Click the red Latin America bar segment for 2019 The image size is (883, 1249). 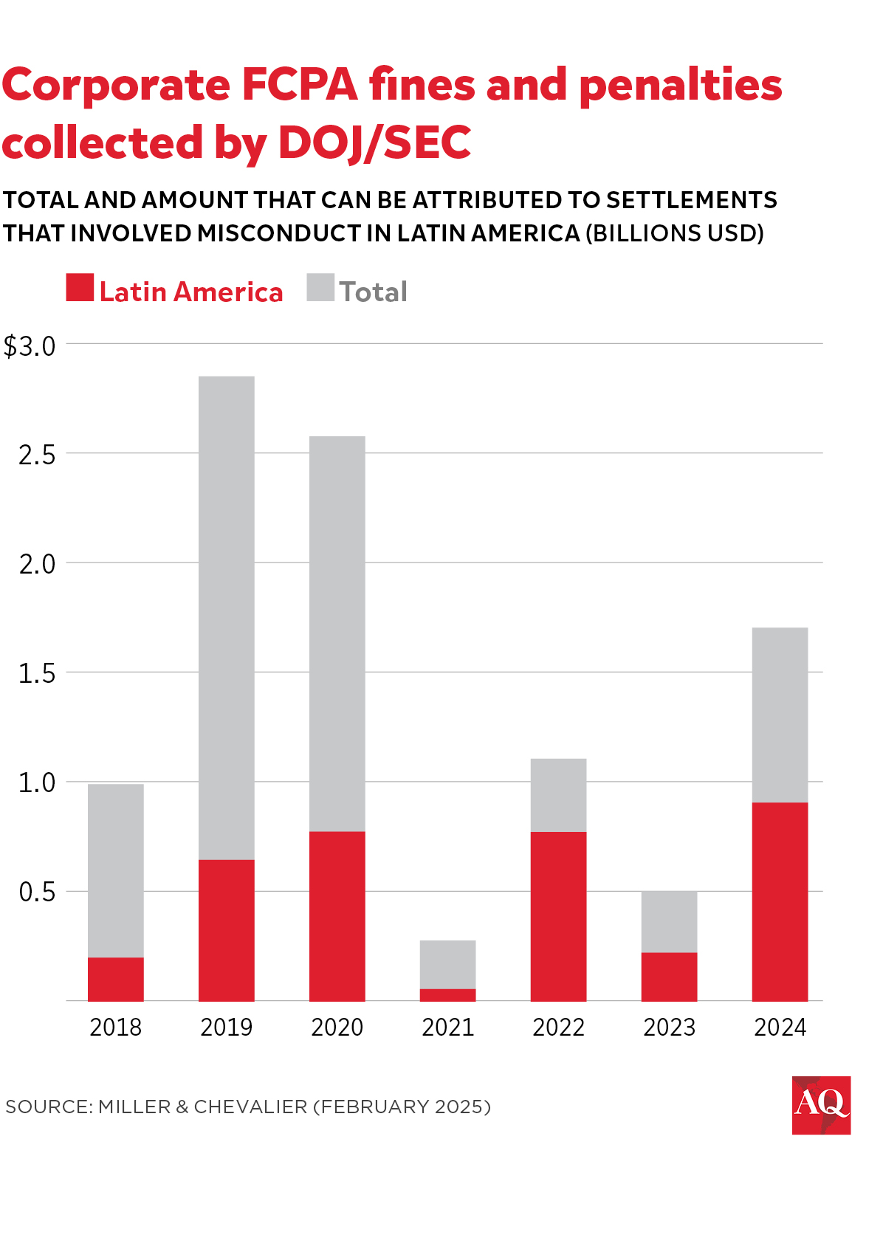coord(227,930)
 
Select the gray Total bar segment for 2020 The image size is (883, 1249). coord(337,634)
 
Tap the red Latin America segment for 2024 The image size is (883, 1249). coord(780,901)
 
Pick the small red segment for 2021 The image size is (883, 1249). coord(448,995)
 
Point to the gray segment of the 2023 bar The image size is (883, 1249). coord(670,922)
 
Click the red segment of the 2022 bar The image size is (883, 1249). coord(558,916)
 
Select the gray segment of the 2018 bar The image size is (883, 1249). coord(116,871)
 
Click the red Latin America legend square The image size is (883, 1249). coord(80,287)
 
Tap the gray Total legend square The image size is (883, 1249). coord(320,287)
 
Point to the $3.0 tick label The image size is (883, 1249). coord(30,346)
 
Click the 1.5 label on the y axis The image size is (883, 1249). coord(37,673)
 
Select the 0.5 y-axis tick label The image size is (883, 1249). coord(37,892)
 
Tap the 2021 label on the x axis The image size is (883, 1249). coord(448,1027)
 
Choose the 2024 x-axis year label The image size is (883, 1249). coord(780,1027)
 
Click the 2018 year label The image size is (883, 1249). coord(116,1027)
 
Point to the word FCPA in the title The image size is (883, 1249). coord(300,85)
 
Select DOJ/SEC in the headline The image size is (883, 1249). coord(375,142)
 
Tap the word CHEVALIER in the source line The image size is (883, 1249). coord(250,1107)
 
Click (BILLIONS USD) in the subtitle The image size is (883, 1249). coord(674,233)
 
